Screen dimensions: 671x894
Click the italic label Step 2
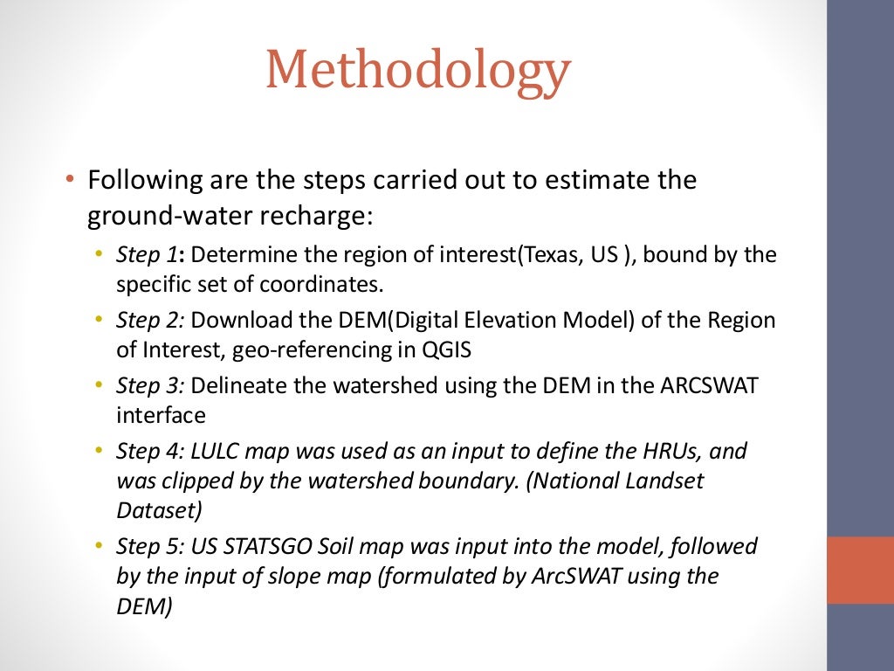pyautogui.click(x=149, y=321)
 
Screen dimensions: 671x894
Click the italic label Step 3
pyautogui.click(x=149, y=385)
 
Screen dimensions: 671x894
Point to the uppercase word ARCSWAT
pyautogui.click(x=707, y=385)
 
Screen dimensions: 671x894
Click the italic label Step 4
pyautogui.click(x=149, y=451)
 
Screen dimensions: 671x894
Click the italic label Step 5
pyautogui.click(x=149, y=546)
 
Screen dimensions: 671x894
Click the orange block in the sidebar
pyautogui.click(x=860, y=570)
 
